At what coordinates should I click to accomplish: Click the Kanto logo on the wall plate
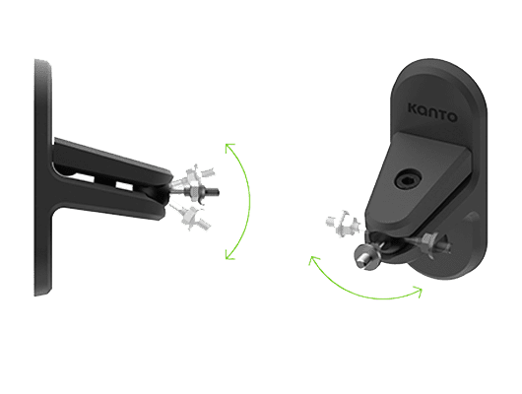point(432,113)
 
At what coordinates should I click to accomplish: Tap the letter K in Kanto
point(414,109)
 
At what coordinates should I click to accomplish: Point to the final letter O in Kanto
point(451,116)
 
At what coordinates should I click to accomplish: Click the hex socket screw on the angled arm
point(409,180)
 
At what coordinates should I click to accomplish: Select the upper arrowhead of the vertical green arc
point(229,147)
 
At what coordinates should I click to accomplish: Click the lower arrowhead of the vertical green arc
point(229,256)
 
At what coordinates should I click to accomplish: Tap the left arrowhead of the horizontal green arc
point(313,260)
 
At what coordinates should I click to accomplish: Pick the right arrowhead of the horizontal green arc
point(419,291)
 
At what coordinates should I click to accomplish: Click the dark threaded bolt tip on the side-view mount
point(214,192)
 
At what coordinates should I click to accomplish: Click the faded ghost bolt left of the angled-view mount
point(343,224)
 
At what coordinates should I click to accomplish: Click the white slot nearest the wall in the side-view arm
point(84,177)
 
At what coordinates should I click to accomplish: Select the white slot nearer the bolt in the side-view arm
point(124,186)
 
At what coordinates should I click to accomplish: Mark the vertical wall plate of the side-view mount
point(43,177)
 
